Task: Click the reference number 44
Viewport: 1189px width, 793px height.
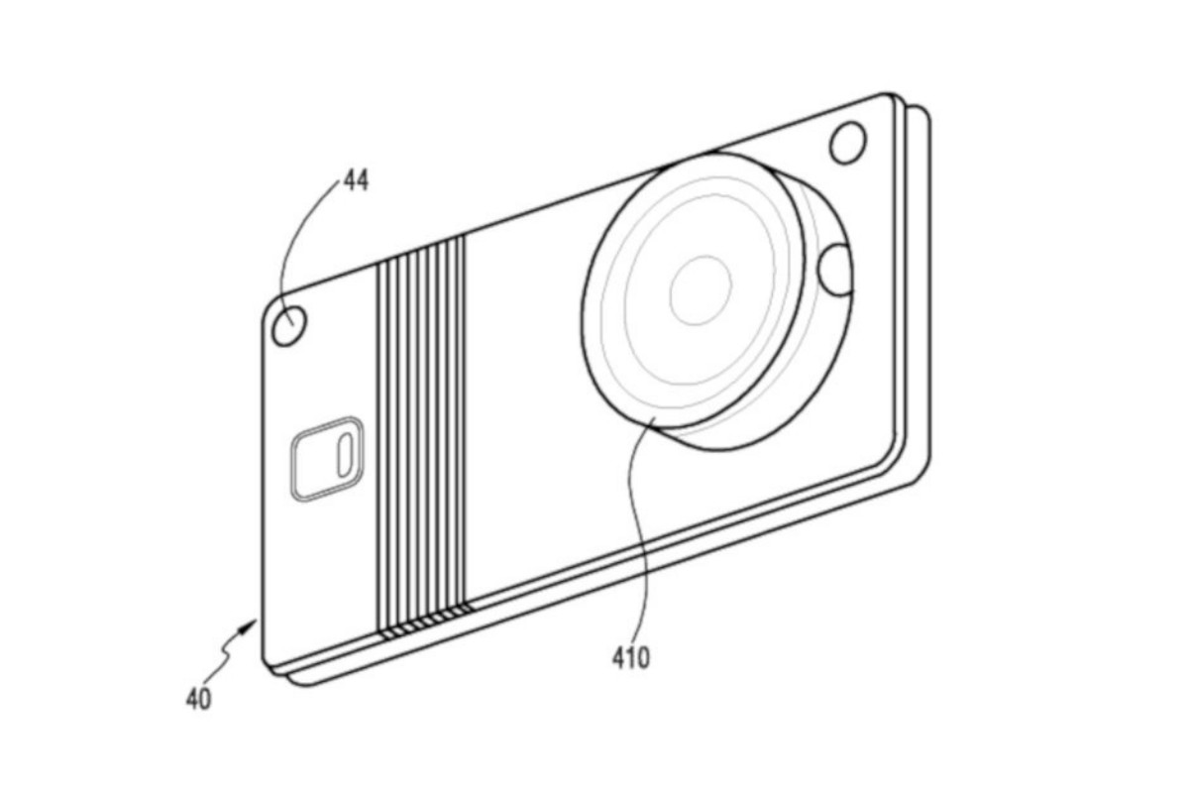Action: click(x=356, y=181)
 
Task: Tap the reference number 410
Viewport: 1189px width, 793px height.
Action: click(x=630, y=656)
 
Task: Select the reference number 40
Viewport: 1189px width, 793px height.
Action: click(x=198, y=699)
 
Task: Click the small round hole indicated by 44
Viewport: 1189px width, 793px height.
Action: click(x=289, y=325)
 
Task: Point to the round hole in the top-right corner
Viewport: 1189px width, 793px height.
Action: click(x=848, y=143)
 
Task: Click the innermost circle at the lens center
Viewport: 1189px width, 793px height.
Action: click(x=701, y=289)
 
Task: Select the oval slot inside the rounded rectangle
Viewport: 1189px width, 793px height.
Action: click(x=344, y=455)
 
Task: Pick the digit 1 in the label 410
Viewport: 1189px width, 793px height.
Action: click(x=630, y=656)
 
